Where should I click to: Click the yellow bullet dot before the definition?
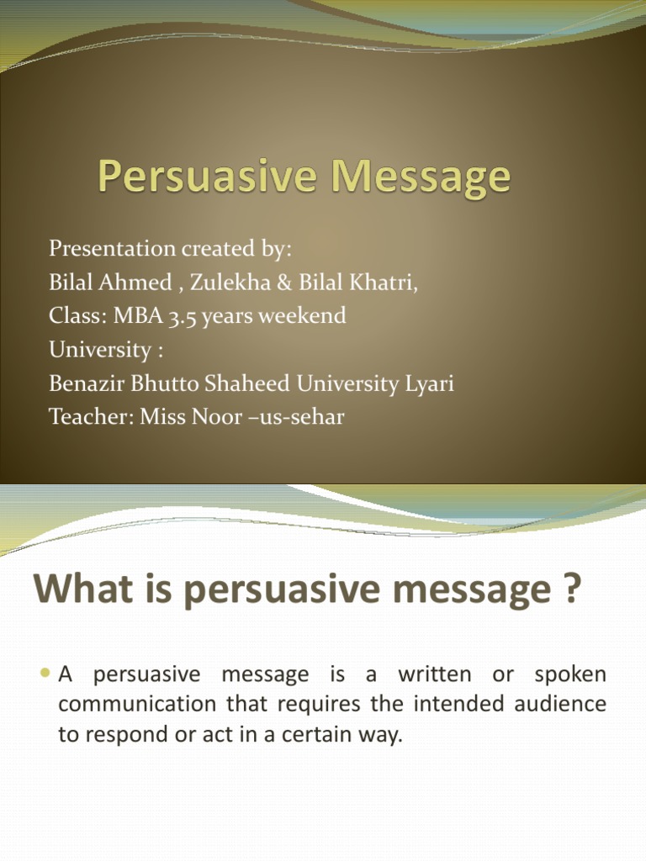pos(45,673)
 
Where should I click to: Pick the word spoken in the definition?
pos(569,674)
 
